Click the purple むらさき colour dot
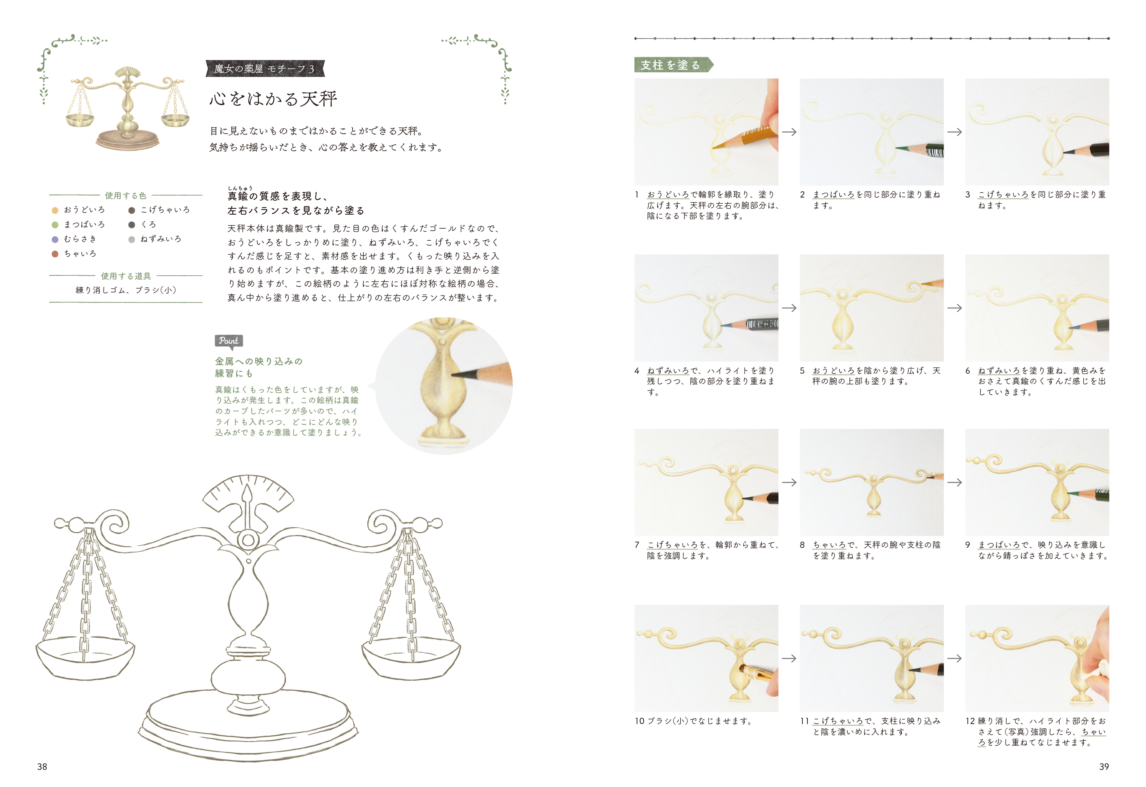click(x=55, y=239)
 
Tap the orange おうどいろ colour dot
click(x=55, y=210)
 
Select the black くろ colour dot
click(x=132, y=225)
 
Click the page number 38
click(x=42, y=766)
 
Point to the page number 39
click(x=1104, y=766)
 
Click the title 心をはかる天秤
click(x=274, y=99)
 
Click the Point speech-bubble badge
click(x=228, y=342)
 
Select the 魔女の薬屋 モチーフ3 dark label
click(x=265, y=68)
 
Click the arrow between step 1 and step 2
click(x=789, y=132)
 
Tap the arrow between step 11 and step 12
click(x=955, y=658)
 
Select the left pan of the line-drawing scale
click(x=85, y=659)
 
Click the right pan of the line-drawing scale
click(x=411, y=659)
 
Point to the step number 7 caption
click(x=637, y=545)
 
